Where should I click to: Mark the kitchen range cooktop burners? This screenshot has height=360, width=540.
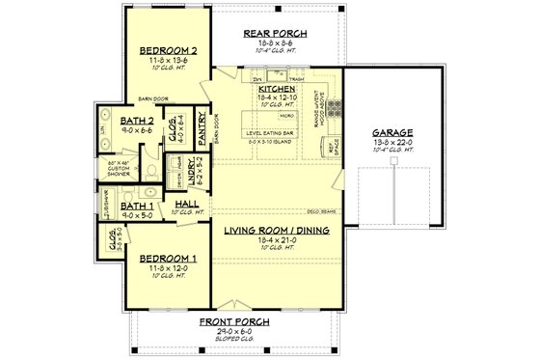335,104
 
